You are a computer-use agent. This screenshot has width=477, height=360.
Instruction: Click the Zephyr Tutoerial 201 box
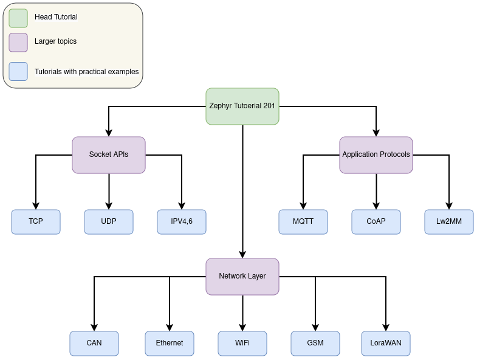click(242, 106)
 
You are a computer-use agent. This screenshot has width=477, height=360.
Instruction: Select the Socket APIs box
click(109, 154)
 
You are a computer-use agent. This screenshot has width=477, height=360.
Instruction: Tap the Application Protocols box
click(376, 154)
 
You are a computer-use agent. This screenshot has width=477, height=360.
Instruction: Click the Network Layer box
click(242, 276)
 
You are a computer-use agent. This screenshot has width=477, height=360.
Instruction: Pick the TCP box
click(36, 221)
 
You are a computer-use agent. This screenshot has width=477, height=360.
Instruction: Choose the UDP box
click(109, 221)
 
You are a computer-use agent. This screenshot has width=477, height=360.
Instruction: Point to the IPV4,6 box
click(182, 221)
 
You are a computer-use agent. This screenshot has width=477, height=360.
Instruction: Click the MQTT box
click(303, 221)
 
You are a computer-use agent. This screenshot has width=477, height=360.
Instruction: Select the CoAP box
click(376, 221)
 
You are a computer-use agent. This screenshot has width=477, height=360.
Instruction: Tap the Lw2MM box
click(449, 221)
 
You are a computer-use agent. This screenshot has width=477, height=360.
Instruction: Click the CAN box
click(94, 343)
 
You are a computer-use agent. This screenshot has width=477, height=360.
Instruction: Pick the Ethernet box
click(170, 343)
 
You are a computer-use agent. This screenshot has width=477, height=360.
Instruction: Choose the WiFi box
click(242, 343)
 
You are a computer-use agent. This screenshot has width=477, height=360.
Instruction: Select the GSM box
click(315, 343)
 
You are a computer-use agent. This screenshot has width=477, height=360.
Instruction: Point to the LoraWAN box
click(386, 343)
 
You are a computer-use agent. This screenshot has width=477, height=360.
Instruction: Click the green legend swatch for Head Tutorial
click(18, 18)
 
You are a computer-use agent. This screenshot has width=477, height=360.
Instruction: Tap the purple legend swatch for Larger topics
click(18, 42)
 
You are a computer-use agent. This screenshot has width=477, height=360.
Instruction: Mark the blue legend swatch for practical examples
click(18, 72)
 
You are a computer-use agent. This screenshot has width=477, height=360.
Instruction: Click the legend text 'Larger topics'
click(55, 41)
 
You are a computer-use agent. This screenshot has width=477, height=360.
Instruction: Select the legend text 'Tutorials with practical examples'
click(86, 72)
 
